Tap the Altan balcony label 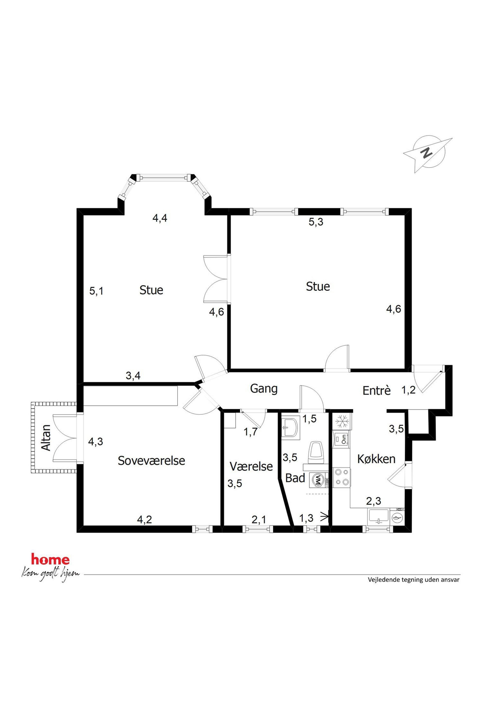46,438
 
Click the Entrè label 377,390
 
